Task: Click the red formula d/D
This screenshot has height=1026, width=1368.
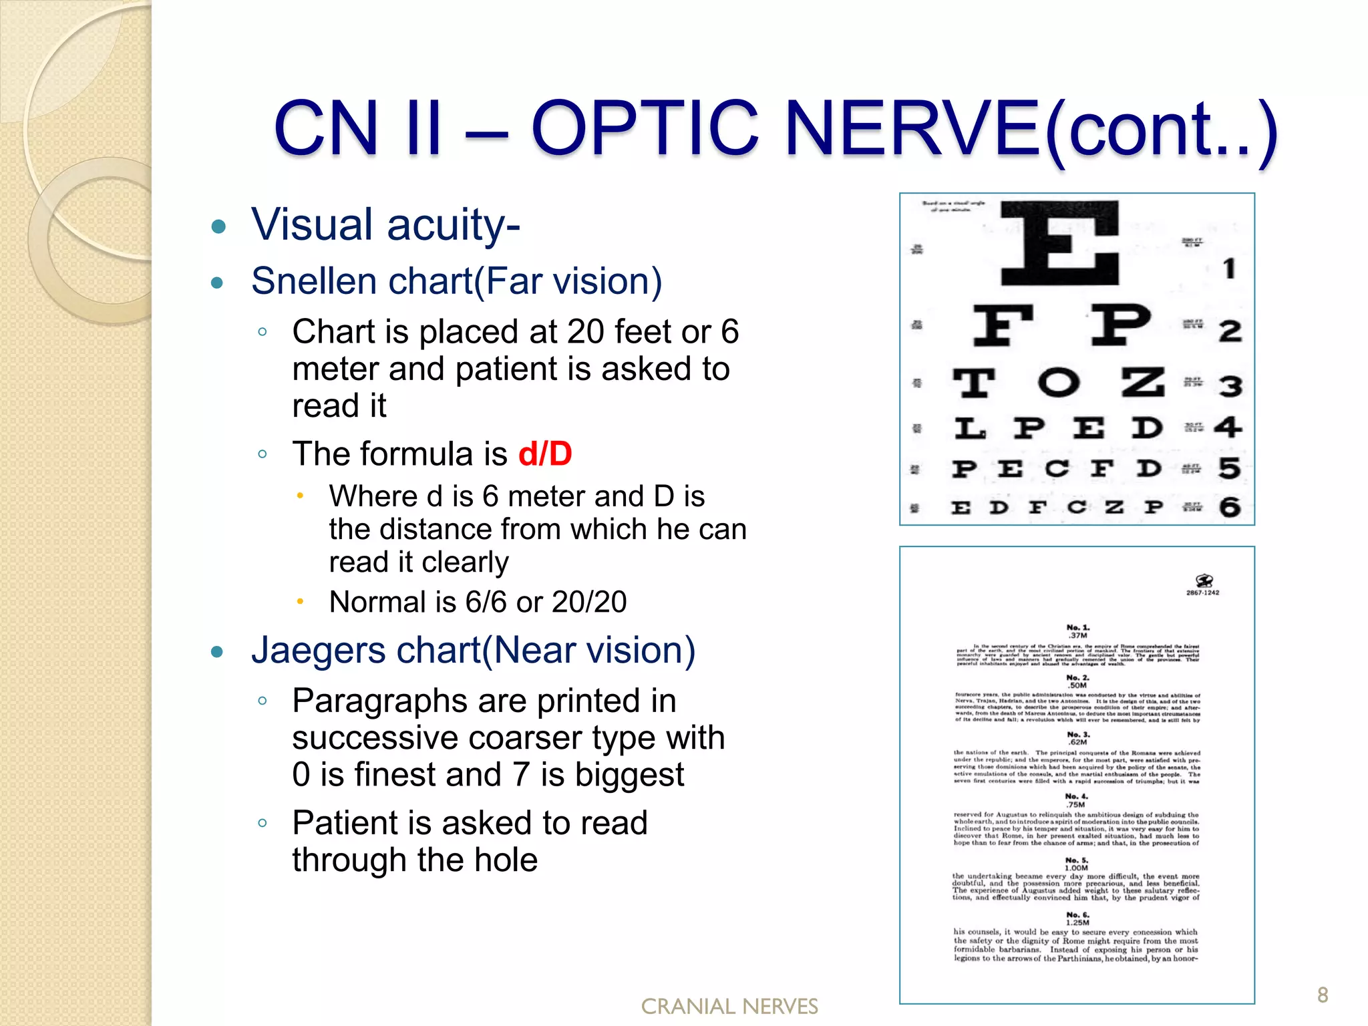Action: pos(545,454)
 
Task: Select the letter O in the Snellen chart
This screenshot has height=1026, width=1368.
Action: pos(1058,383)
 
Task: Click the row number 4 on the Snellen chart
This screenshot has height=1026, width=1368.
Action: pos(1228,427)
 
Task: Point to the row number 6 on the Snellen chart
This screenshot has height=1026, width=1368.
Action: pos(1230,507)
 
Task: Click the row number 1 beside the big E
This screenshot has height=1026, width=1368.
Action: pos(1228,269)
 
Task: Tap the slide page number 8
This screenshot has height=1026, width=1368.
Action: pos(1323,995)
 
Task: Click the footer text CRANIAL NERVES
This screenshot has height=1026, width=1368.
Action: pos(729,1007)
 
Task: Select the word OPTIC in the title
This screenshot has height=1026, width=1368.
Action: pos(645,128)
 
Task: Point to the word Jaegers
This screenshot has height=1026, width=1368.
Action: pos(319,650)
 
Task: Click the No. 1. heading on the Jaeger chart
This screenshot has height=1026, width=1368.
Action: pos(1077,628)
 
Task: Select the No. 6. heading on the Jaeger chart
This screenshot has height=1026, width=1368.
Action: pos(1077,914)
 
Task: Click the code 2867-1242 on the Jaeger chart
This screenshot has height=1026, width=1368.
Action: pos(1202,592)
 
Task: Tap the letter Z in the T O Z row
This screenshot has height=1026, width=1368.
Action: pos(1142,382)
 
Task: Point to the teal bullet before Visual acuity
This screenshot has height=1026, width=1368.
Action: pos(218,226)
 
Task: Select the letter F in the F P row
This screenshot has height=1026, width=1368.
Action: pos(1002,325)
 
